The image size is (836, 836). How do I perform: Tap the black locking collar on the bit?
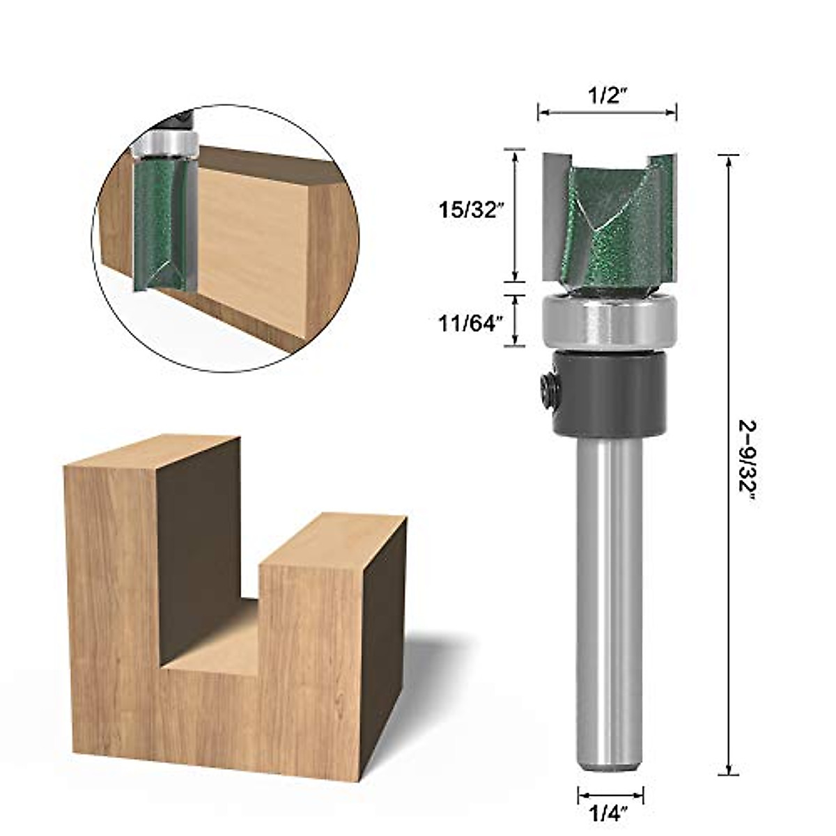[610, 394]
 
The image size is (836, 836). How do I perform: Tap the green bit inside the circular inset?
[159, 223]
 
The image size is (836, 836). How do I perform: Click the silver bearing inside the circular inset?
[166, 143]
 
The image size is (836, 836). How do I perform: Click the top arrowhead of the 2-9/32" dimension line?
[728, 160]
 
